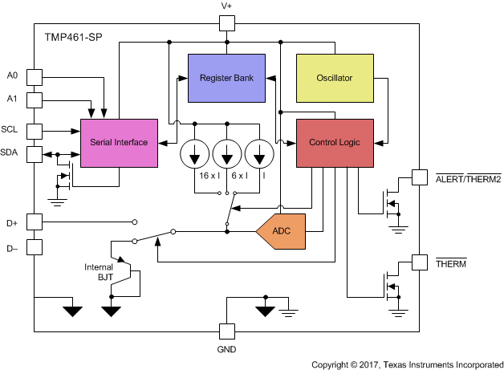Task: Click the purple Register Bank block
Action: pos(227,78)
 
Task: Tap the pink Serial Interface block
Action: pos(119,143)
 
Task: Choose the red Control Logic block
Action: pos(335,143)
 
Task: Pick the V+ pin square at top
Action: pos(227,23)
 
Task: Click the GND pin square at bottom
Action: pos(227,330)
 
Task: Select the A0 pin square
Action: pos(35,77)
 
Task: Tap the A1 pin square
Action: pos(35,100)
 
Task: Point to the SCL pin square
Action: pos(35,131)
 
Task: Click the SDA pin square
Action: pos(35,154)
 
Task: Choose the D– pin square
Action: pos(35,246)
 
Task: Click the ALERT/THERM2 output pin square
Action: pos(419,177)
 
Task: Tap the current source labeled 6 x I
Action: pos(227,152)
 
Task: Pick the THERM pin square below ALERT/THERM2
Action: pos(419,262)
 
